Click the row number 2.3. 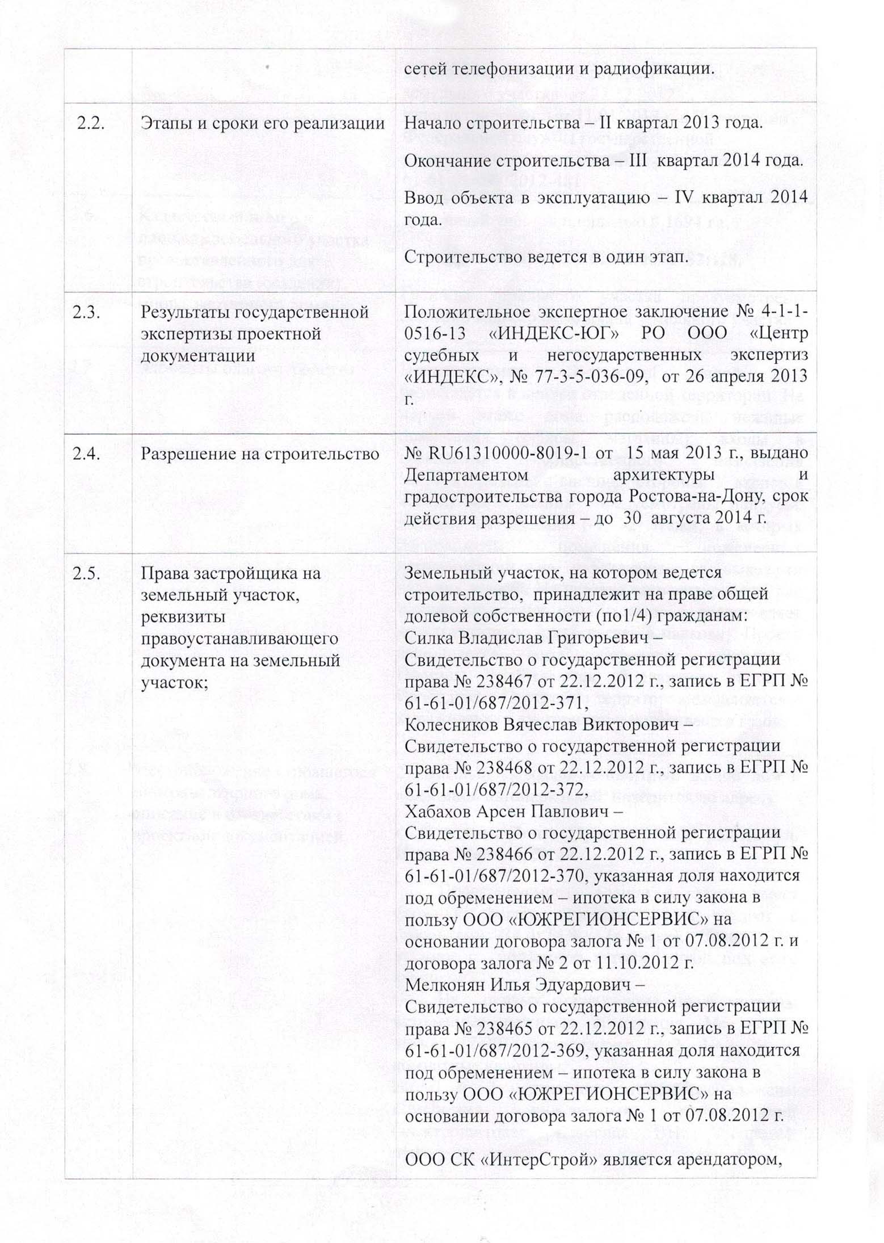pos(86,312)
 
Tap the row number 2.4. pos(86,454)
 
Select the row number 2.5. pos(87,573)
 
